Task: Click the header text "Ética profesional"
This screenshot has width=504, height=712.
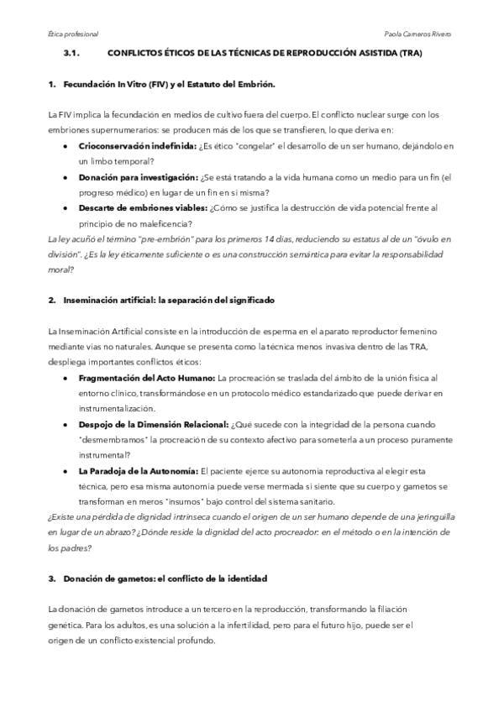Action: (x=73, y=34)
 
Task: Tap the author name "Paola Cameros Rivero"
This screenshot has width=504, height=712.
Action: (x=417, y=34)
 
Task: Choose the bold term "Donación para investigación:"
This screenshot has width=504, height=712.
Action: (x=139, y=177)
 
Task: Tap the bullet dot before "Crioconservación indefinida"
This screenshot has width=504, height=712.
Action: (x=66, y=145)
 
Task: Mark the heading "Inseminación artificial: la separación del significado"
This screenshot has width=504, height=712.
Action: (x=167, y=300)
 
